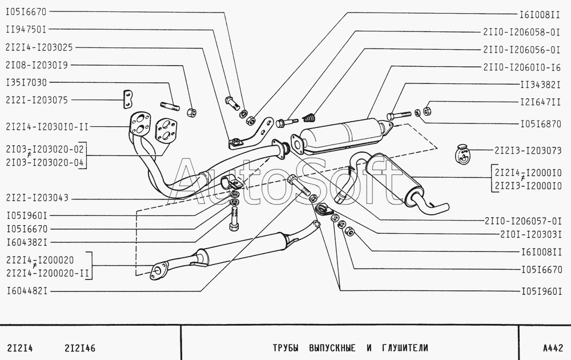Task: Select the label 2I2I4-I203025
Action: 38,47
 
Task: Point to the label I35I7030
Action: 26,82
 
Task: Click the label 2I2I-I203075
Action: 37,100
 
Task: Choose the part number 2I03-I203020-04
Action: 45,163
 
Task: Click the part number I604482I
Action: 26,291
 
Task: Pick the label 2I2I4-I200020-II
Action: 48,273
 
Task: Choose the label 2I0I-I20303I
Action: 531,234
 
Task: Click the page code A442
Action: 553,347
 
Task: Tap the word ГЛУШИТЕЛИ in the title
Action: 403,347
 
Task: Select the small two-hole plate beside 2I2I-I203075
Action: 127,99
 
